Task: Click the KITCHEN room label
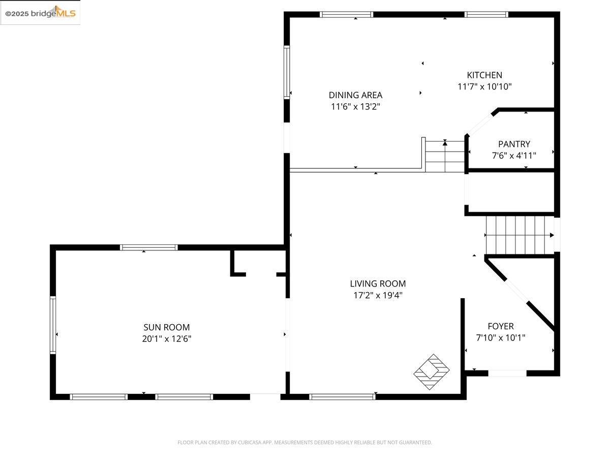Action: coord(484,75)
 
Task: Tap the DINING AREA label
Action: coord(355,95)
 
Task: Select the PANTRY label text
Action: coord(514,144)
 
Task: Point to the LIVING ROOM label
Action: coord(378,284)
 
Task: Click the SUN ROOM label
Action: coord(166,328)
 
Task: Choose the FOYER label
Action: coord(501,326)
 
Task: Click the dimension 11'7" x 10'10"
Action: coord(484,87)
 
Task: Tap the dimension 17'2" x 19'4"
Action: coord(378,295)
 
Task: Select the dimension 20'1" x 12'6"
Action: coord(166,338)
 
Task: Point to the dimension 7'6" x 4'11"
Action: coord(514,155)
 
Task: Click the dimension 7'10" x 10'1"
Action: coord(501,337)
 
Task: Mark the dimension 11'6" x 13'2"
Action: coord(355,107)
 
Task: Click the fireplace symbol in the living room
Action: coord(432,371)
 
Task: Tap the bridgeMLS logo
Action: coord(40,13)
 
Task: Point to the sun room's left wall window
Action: coord(53,325)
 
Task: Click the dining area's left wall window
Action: coord(287,72)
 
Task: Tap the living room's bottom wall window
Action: coord(342,396)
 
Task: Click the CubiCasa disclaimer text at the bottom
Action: coord(304,442)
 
